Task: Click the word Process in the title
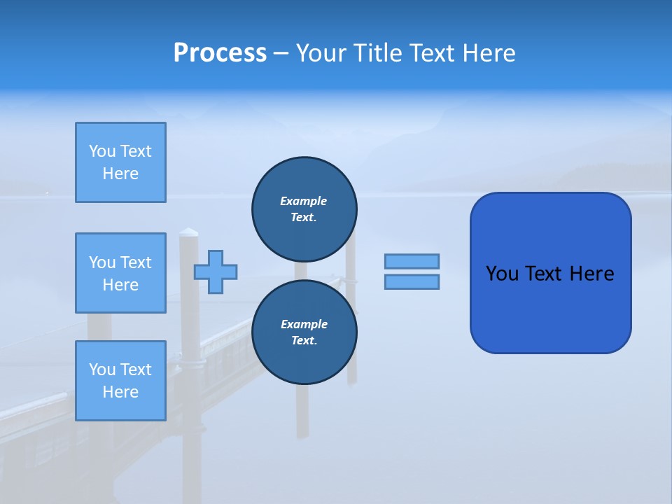point(220,53)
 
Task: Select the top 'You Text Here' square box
point(120,162)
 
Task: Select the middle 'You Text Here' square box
point(120,273)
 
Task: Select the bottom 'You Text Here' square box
point(120,381)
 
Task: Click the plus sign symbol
point(216,272)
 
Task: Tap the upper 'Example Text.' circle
point(304,209)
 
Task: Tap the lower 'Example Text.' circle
point(304,332)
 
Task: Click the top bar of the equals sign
point(412,262)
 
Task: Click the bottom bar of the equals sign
point(412,282)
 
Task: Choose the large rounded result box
point(550,308)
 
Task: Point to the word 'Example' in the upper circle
point(304,201)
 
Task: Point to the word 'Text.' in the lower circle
point(304,341)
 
